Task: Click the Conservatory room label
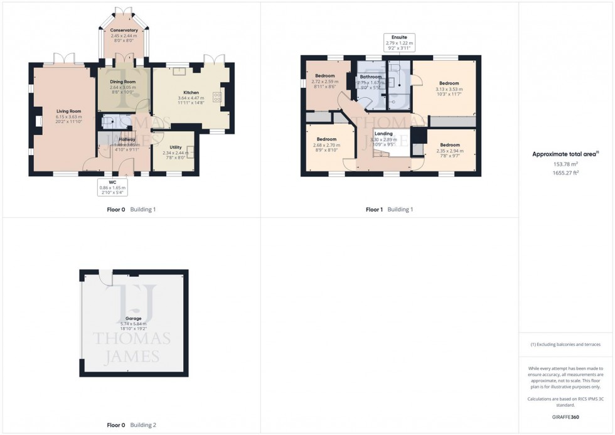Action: coord(124,30)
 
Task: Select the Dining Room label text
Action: coord(122,82)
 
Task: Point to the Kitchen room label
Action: coord(191,92)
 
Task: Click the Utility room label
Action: coord(175,147)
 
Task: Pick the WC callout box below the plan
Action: coord(112,186)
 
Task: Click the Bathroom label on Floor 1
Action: coord(371,77)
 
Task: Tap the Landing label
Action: coord(383,134)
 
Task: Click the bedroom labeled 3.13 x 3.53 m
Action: coord(449,83)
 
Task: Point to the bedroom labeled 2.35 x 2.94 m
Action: coord(449,145)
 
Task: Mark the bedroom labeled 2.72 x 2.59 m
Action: coord(325,76)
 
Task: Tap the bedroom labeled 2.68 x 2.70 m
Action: coord(326,139)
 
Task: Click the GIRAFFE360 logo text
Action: coord(566,416)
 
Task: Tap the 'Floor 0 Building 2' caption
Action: coord(131,425)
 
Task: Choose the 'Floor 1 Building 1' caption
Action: coord(389,209)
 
